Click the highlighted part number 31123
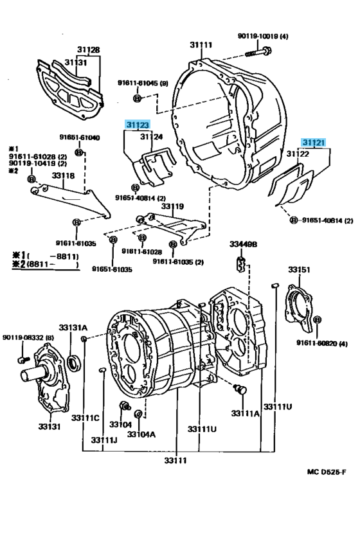(138, 125)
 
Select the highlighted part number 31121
(313, 143)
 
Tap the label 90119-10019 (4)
(262, 36)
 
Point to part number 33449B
(243, 244)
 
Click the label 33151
(299, 269)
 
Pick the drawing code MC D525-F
(327, 472)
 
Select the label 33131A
(73, 327)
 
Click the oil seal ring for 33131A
(73, 363)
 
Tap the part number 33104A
(141, 434)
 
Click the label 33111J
(104, 440)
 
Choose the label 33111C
(85, 418)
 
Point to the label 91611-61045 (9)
(143, 83)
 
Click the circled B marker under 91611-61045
(137, 98)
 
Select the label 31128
(89, 49)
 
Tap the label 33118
(64, 175)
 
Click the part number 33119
(172, 206)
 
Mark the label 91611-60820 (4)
(322, 343)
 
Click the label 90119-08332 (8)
(28, 337)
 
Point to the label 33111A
(245, 413)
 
